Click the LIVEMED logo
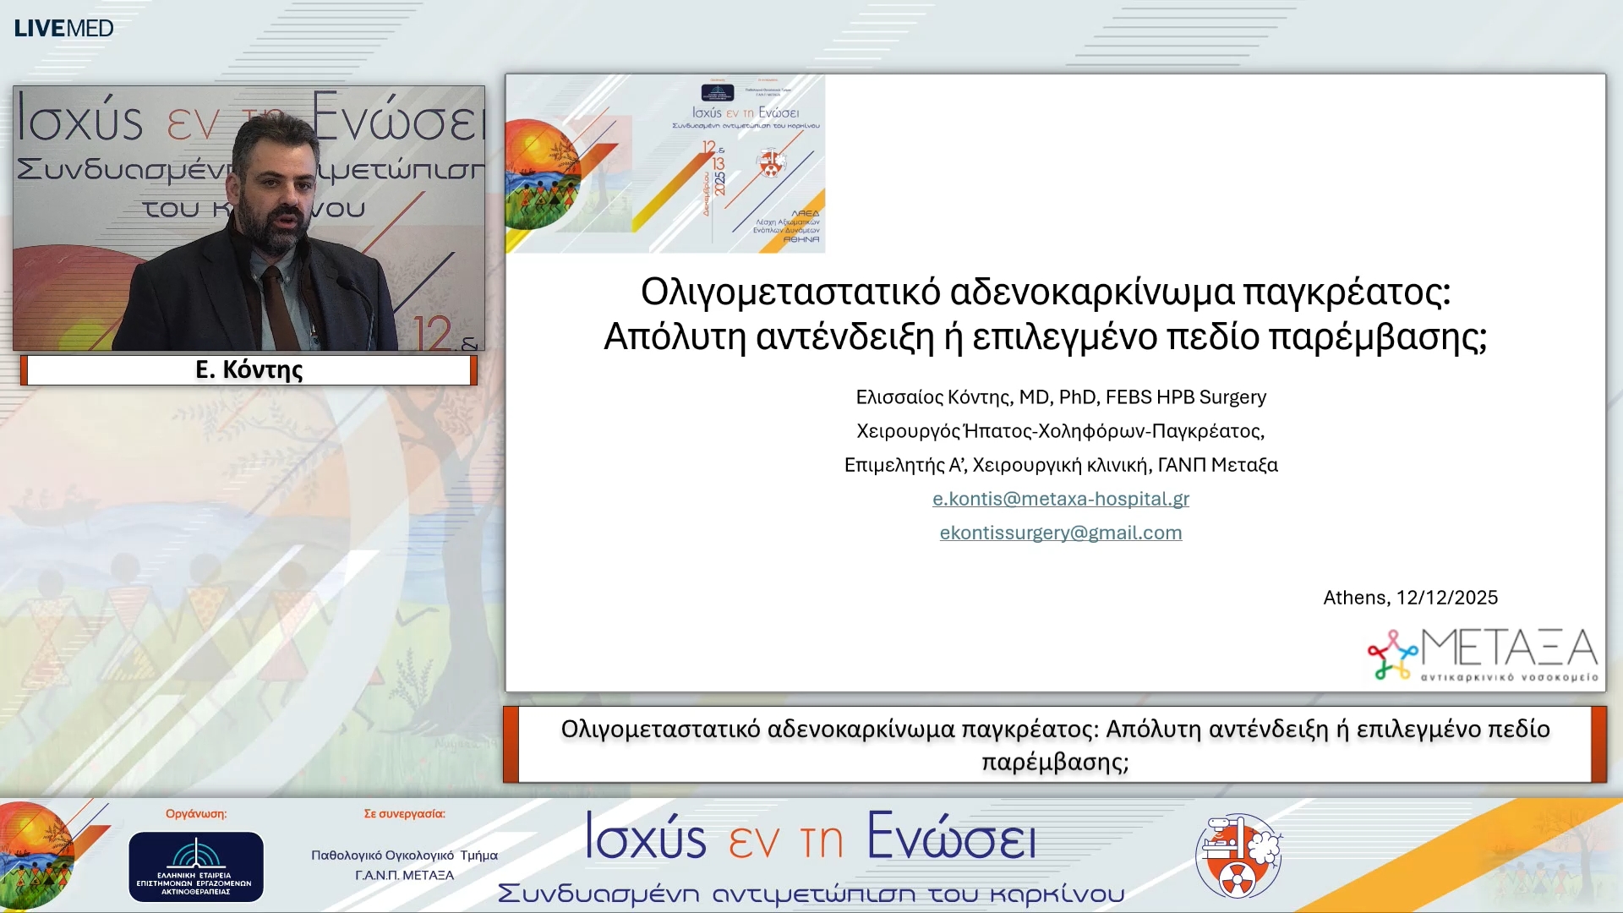click(63, 28)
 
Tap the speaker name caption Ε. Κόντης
click(249, 369)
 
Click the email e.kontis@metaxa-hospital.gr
click(1060, 499)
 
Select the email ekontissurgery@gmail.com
click(1060, 533)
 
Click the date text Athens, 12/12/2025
click(1409, 598)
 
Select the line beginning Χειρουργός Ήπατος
click(1060, 431)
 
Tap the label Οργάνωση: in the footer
click(195, 813)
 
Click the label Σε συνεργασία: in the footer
click(404, 813)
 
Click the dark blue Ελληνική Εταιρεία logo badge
click(195, 867)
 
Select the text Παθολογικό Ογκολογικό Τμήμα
click(404, 855)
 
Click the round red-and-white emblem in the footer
click(1238, 856)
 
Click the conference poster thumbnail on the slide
click(665, 163)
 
